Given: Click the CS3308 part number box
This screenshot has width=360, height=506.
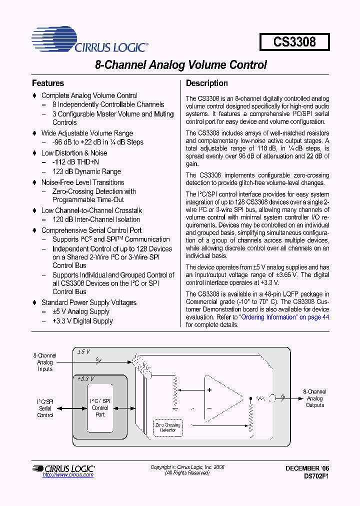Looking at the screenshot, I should [x=294, y=42].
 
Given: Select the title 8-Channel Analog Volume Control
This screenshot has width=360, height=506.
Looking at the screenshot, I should [x=180, y=65].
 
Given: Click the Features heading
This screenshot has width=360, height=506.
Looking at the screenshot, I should [x=48, y=83].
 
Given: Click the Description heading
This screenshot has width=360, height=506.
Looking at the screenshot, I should [x=207, y=83].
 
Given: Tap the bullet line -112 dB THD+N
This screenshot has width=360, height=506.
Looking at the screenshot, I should [x=75, y=162].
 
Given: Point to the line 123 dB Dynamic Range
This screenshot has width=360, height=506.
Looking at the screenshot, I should [x=86, y=171].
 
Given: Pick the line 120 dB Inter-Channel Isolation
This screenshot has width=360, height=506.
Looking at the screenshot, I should [x=96, y=219].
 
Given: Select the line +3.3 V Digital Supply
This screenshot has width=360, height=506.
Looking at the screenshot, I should [x=82, y=321].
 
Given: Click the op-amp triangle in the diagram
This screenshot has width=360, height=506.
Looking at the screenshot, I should [x=220, y=397].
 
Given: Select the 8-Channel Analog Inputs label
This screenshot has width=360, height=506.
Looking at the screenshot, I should [x=45, y=362].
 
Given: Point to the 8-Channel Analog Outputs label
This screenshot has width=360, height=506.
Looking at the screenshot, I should [x=315, y=398].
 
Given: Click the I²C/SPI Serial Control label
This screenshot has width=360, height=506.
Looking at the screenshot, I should [x=45, y=408].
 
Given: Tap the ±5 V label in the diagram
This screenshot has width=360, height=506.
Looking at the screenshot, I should [x=83, y=352].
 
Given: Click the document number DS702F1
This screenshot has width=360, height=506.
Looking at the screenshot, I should [x=316, y=476].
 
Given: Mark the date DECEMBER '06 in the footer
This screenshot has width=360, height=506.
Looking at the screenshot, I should [x=307, y=468].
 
